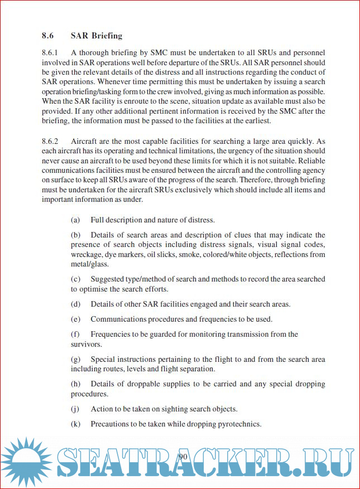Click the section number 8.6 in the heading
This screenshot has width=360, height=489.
pyautogui.click(x=47, y=36)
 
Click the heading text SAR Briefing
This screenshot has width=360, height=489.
pyautogui.click(x=96, y=36)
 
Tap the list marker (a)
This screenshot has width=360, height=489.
pyautogui.click(x=75, y=220)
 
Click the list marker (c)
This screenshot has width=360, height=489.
pyautogui.click(x=75, y=279)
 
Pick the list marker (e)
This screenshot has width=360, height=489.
pyautogui.click(x=75, y=319)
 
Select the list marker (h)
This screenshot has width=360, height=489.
pyautogui.click(x=75, y=384)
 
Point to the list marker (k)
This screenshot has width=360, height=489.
pyautogui.click(x=75, y=424)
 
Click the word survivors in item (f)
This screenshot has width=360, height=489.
pyautogui.click(x=86, y=345)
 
